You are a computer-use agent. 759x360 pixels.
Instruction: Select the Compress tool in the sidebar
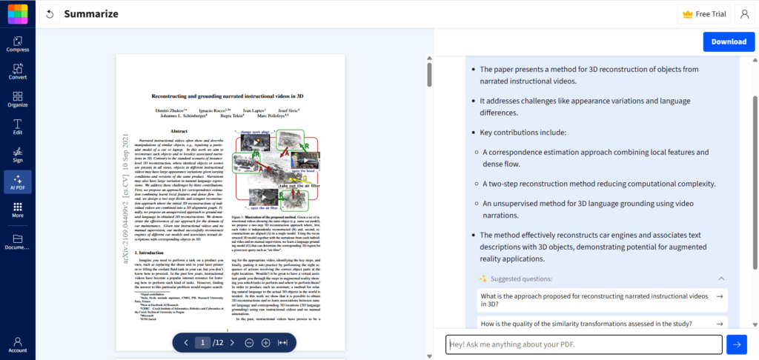(18, 44)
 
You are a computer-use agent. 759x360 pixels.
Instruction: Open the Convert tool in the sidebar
(18, 71)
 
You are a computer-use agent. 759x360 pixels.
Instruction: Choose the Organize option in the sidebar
(18, 99)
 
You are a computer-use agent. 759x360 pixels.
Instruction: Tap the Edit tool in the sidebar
(18, 126)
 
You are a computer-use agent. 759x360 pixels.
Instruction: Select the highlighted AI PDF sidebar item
(18, 181)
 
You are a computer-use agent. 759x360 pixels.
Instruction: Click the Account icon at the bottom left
(18, 344)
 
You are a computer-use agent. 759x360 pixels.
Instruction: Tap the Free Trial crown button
(703, 14)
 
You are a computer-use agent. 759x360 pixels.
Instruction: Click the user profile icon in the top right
(744, 14)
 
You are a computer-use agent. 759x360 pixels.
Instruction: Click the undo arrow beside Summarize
(49, 14)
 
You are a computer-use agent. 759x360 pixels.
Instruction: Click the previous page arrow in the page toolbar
(185, 342)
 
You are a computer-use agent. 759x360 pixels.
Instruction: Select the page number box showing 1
(203, 342)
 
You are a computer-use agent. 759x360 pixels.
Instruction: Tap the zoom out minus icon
(248, 342)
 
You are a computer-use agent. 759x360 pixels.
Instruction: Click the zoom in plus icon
(265, 342)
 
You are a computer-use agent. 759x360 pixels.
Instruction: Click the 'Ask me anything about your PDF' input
(583, 344)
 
